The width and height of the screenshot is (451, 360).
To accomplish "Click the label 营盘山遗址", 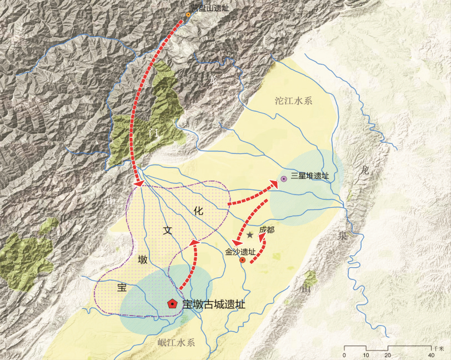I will point(210,7).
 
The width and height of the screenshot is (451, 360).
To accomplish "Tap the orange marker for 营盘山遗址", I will point(188,14).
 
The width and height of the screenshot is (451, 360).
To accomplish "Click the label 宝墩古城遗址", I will point(213,304).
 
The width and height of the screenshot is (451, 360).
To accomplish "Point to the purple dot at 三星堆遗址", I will point(283,179).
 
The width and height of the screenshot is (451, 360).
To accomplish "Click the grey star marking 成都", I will point(250,235).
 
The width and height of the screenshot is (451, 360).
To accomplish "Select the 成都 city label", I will point(267,229).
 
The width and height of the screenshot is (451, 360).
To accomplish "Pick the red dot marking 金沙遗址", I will point(242,259).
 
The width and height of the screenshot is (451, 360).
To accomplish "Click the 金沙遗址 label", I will point(240,252).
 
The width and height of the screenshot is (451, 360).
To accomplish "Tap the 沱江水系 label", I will point(294,101).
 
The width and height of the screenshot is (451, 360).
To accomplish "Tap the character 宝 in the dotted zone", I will point(122,288).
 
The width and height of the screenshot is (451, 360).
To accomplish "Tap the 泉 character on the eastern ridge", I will point(340,235).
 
